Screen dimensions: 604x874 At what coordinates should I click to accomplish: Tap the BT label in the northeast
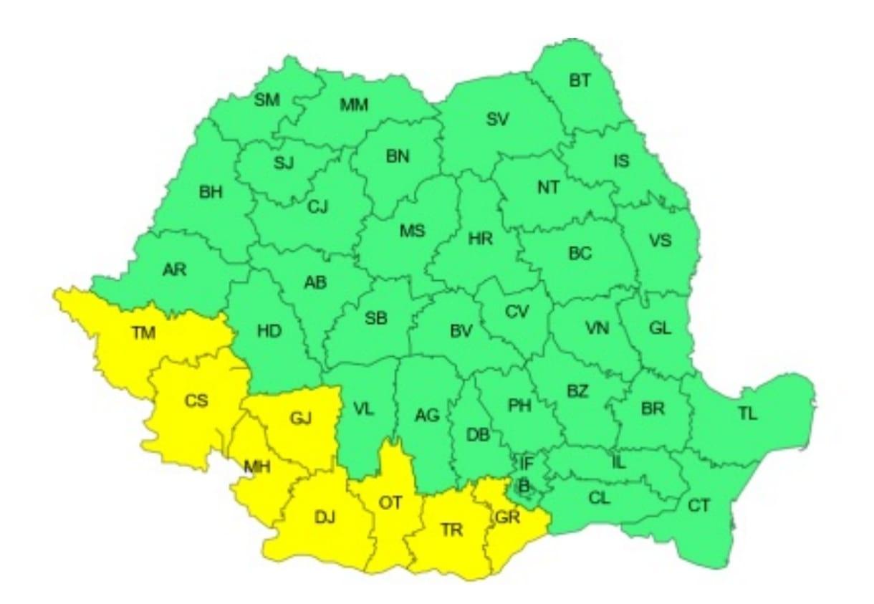pyautogui.click(x=580, y=80)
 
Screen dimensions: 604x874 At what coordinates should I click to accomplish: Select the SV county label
pyautogui.click(x=497, y=120)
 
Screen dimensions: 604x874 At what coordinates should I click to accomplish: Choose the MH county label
pyautogui.click(x=256, y=468)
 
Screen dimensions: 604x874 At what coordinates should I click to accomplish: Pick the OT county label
pyautogui.click(x=390, y=503)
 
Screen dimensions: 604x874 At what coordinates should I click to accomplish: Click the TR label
pyautogui.click(x=451, y=530)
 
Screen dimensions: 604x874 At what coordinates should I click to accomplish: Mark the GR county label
pyautogui.click(x=506, y=517)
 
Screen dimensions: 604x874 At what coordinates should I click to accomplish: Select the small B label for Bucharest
pyautogui.click(x=524, y=486)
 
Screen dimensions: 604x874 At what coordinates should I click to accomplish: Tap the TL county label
pyautogui.click(x=747, y=413)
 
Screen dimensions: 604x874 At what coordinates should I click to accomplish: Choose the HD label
pyautogui.click(x=269, y=331)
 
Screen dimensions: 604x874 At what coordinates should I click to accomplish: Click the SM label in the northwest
pyautogui.click(x=267, y=100)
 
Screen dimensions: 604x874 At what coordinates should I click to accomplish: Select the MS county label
pyautogui.click(x=412, y=231)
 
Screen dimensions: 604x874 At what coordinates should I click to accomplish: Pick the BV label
pyautogui.click(x=461, y=332)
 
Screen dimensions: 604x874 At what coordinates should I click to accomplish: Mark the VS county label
pyautogui.click(x=660, y=240)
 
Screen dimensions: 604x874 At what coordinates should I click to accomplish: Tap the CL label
pyautogui.click(x=600, y=498)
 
